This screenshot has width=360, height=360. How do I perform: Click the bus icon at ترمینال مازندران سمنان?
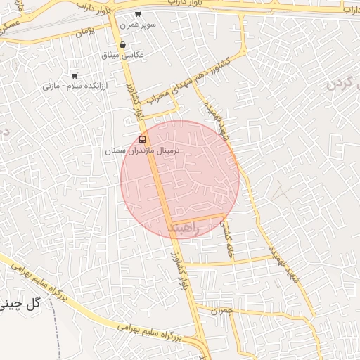tap(143, 139)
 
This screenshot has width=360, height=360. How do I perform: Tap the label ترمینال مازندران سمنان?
tap(143, 151)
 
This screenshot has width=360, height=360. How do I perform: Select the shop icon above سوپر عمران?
tap(137, 13)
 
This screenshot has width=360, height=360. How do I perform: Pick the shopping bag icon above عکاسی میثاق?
tap(122, 44)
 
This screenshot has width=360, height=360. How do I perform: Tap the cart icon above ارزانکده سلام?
tap(75, 75)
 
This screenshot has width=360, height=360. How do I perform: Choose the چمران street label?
tap(221, 311)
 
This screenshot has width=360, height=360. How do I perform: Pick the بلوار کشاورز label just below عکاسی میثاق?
tap(134, 102)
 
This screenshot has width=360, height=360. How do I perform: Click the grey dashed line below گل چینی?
tap(56, 342)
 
